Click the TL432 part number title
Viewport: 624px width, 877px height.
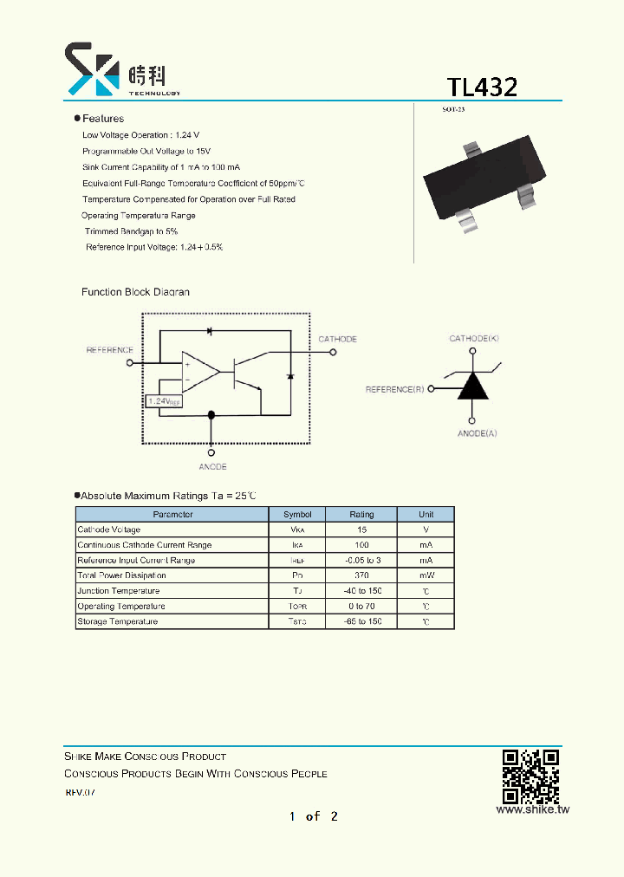pos(482,87)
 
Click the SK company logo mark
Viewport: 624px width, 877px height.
pos(92,68)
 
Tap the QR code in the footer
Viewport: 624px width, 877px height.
pos(530,776)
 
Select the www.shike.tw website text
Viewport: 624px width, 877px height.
pos(532,810)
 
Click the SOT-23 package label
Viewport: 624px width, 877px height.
pos(453,109)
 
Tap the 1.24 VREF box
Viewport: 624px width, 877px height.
pos(164,401)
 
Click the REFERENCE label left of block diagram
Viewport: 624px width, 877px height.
pos(109,350)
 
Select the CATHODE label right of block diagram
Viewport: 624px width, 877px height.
pos(337,339)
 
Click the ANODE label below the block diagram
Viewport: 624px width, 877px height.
pos(212,467)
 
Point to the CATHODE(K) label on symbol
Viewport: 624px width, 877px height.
pos(473,338)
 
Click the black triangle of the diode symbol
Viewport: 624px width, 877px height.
pos(472,386)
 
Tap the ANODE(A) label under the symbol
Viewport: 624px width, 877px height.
pos(478,432)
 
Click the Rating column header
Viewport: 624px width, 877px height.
pos(361,515)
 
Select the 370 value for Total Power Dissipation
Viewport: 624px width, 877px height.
pos(361,575)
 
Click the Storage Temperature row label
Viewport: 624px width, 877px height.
pos(118,621)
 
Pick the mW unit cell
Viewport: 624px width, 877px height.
pos(426,575)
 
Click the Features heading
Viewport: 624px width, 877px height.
pos(102,119)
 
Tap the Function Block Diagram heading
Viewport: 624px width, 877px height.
pos(135,292)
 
